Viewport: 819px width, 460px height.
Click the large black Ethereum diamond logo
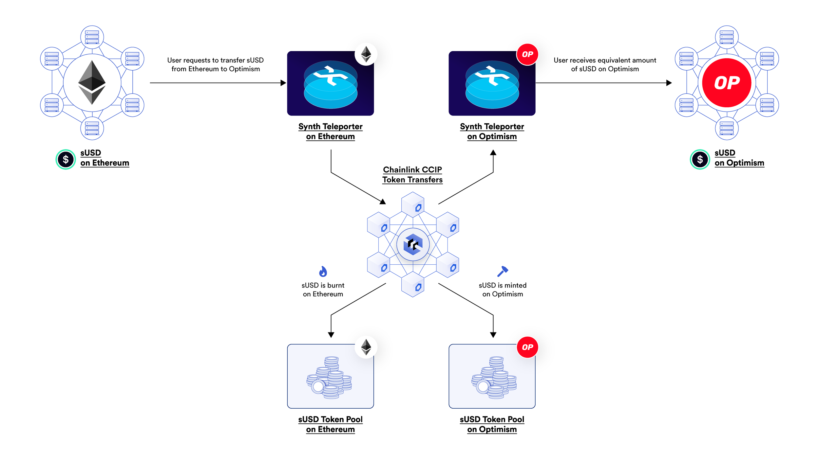point(92,82)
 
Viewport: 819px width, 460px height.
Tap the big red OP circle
point(727,83)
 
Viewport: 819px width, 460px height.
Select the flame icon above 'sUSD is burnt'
point(323,271)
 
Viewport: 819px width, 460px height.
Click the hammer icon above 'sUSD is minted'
point(502,271)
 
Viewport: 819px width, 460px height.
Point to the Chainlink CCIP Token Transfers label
point(412,175)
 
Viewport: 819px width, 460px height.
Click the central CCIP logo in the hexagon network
point(413,244)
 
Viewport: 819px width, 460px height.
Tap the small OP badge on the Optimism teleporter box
point(527,54)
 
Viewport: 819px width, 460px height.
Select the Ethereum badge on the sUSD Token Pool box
point(366,347)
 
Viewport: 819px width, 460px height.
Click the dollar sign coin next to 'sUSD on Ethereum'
point(66,159)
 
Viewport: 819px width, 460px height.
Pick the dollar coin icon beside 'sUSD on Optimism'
point(700,159)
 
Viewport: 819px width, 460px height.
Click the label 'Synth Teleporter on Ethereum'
point(330,132)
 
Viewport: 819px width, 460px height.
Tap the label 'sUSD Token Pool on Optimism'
point(492,424)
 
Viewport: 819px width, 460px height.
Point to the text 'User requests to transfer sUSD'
point(215,60)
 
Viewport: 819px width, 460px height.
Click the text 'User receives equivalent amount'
point(605,60)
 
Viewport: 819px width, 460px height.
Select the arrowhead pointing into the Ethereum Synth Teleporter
point(283,83)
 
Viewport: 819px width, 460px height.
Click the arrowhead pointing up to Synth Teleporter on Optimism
point(493,152)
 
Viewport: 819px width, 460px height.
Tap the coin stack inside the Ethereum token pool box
point(329,378)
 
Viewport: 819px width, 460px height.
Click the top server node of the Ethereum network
point(92,37)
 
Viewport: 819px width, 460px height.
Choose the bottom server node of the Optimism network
point(727,128)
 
